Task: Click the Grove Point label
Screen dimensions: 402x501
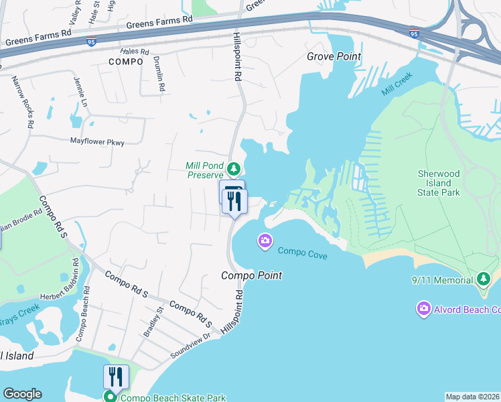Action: pos(334,56)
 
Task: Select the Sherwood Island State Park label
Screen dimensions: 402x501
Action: pos(439,183)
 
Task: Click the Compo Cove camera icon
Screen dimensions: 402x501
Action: pos(265,241)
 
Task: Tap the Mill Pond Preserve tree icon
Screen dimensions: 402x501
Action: pos(233,167)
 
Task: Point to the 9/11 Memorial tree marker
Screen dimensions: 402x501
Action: pos(483,279)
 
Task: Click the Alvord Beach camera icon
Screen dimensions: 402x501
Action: pos(423,309)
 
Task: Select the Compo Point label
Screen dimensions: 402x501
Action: pos(252,275)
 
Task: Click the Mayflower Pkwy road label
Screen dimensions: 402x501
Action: pos(98,141)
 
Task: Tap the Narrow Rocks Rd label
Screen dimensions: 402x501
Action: pos(22,102)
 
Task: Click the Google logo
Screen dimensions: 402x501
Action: pos(22,394)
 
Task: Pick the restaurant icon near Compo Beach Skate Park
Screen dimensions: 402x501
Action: pos(116,377)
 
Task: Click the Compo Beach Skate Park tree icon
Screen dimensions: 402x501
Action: pos(109,397)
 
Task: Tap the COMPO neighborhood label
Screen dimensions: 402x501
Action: pos(125,62)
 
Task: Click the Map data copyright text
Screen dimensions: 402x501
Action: pos(472,397)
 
